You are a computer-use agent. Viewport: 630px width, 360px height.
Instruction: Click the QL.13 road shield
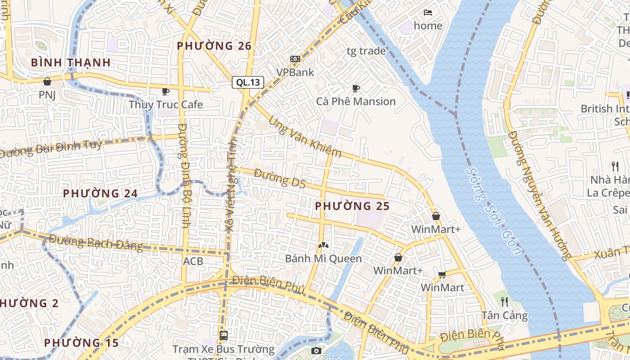248,82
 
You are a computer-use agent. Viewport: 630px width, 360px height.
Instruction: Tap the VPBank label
295,72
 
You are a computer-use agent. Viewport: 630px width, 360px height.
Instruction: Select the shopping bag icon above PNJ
47,81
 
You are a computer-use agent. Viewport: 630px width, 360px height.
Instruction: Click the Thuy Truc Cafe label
166,104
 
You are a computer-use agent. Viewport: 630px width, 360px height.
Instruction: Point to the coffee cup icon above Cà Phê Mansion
356,88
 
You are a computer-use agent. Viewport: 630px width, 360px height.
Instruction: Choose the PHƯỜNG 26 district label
214,46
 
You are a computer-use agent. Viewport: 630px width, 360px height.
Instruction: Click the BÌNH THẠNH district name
71,63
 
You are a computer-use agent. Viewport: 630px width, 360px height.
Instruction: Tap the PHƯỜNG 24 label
100,193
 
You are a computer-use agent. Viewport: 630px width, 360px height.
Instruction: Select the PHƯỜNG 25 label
352,206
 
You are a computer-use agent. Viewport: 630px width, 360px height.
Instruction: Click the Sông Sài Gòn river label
494,211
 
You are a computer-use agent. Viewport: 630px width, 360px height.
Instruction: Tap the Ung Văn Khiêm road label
306,137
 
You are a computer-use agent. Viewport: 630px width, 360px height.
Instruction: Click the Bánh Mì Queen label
324,258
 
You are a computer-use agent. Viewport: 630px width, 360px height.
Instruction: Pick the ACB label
193,261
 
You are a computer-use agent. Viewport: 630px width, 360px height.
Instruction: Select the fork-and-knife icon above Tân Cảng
504,301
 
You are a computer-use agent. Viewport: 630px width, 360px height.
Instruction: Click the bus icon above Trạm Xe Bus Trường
224,335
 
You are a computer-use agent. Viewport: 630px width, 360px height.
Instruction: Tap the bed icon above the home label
428,12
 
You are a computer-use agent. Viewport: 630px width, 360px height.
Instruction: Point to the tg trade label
366,51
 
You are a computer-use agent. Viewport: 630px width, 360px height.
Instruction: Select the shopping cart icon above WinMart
442,274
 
